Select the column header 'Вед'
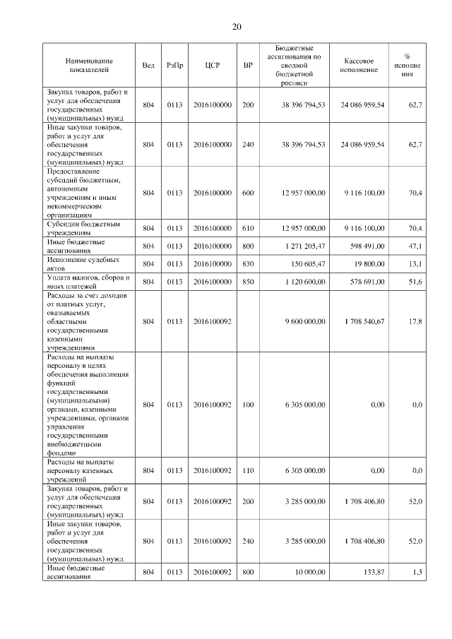coord(148,66)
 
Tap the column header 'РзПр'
coord(174,66)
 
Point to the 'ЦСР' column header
coord(213,66)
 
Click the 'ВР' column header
coord(248,66)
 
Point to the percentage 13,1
coord(415,264)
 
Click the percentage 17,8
coord(415,321)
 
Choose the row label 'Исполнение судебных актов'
coord(77,264)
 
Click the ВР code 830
coord(248,264)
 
